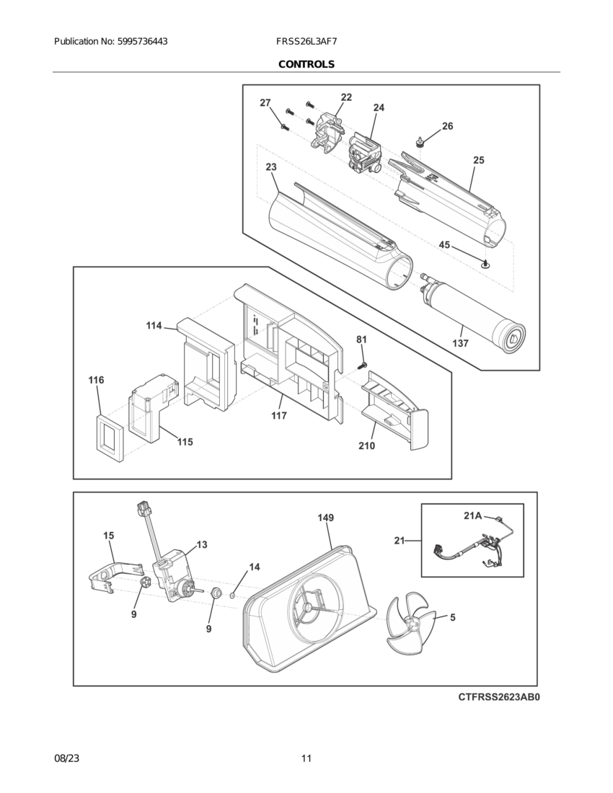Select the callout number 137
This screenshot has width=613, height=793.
click(x=460, y=344)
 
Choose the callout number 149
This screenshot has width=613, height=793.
click(x=325, y=518)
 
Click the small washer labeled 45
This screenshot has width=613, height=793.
click(x=486, y=265)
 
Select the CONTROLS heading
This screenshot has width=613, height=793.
click(x=306, y=64)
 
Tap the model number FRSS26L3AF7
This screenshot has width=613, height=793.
click(x=306, y=42)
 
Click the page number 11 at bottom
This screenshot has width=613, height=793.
click(x=306, y=758)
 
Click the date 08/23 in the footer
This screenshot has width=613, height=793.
click(x=66, y=758)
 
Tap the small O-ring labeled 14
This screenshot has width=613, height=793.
click(x=232, y=595)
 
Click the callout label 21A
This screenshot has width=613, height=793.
click(x=472, y=515)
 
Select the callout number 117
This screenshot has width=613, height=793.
click(x=279, y=416)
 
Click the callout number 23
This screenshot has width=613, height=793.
click(x=271, y=167)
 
